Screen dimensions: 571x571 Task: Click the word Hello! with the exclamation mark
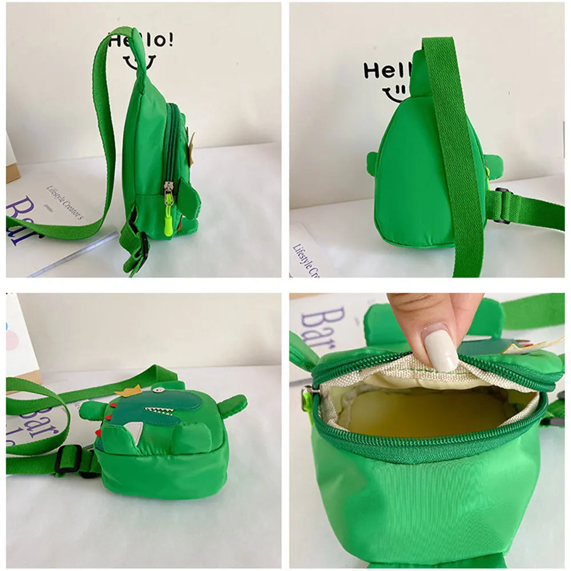140,40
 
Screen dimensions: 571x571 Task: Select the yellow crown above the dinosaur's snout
128,391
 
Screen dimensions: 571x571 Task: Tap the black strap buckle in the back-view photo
501,206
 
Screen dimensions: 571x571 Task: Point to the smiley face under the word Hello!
139,61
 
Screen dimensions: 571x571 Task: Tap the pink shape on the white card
11,341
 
